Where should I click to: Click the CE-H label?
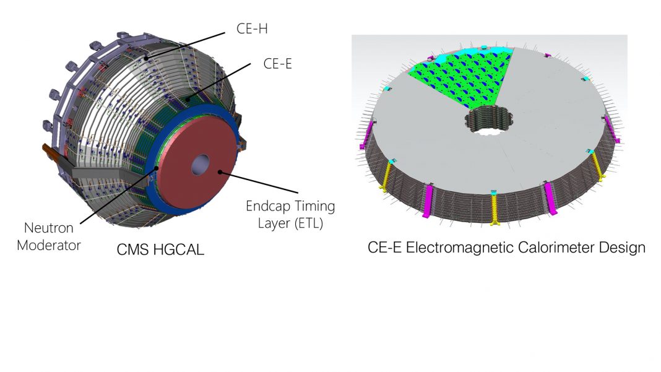point(252,28)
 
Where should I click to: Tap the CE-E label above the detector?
point(277,64)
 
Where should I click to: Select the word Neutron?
point(48,228)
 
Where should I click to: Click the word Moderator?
point(48,245)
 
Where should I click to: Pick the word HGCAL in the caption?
point(178,249)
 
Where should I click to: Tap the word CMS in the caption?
point(132,249)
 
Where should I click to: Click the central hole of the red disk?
point(201,165)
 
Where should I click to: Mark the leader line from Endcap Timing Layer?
point(259,182)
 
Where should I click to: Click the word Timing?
point(314,206)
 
